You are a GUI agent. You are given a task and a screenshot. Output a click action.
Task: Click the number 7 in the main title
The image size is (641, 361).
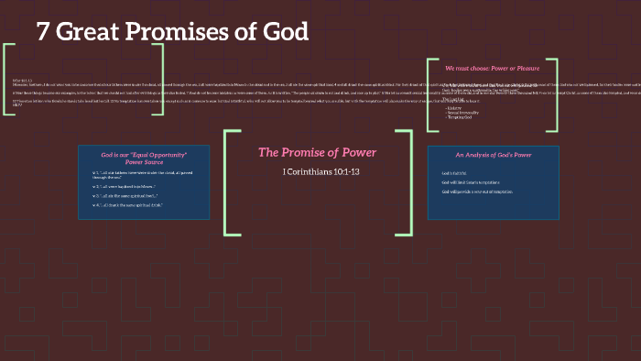43,31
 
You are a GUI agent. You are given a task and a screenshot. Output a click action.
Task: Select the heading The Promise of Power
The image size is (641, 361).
317,152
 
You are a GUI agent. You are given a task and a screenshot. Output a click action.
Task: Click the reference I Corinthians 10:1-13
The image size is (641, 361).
317,170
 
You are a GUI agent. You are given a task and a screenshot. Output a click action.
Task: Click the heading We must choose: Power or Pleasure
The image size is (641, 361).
492,68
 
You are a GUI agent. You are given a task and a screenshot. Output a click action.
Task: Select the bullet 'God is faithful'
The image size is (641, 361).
455,173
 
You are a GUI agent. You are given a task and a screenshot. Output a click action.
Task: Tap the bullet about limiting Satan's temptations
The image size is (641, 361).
475,182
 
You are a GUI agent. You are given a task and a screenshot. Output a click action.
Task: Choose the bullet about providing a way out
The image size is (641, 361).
477,191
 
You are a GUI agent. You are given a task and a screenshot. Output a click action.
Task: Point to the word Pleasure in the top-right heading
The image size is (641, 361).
524,68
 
